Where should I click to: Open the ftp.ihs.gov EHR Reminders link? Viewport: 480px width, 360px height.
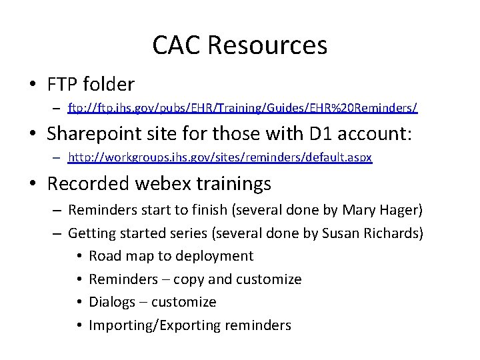tap(243, 107)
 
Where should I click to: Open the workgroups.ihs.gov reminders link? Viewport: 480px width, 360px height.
tap(220, 157)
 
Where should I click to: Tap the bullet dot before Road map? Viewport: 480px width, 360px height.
tap(78, 256)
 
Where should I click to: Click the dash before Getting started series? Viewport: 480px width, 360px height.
tap(57, 233)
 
